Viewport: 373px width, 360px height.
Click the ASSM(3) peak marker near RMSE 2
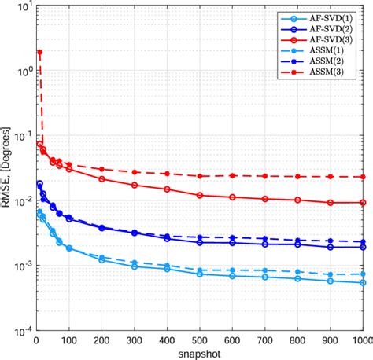39,52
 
